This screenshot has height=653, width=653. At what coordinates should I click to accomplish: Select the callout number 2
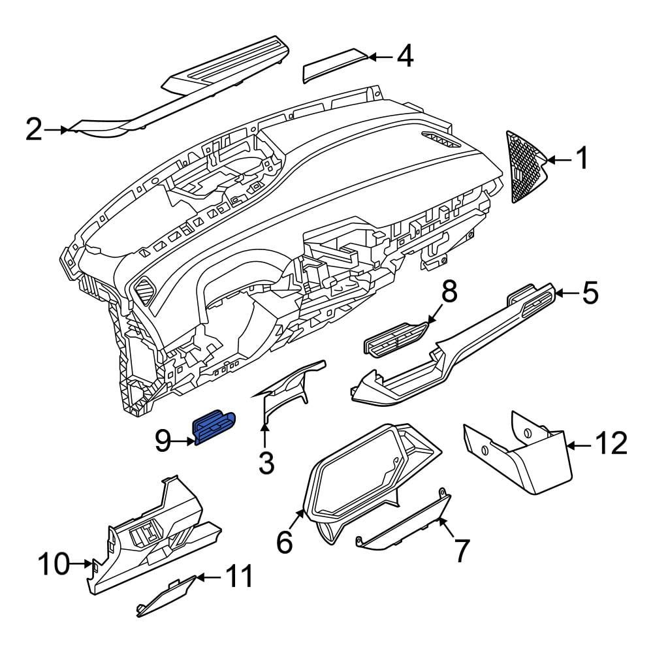[x=34, y=129]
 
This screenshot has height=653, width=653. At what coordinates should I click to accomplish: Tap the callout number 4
[x=405, y=56]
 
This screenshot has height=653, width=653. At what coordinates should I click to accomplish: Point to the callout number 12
[x=611, y=443]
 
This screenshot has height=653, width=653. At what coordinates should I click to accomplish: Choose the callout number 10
[x=54, y=564]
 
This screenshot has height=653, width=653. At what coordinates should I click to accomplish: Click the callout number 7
[x=462, y=550]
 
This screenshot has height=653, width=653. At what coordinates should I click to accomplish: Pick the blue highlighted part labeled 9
[x=214, y=427]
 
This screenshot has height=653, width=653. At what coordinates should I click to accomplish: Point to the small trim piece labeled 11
[x=166, y=596]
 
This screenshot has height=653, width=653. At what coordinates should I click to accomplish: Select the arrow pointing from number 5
[x=566, y=294]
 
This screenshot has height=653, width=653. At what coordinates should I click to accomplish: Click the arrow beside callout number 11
[x=208, y=577]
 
